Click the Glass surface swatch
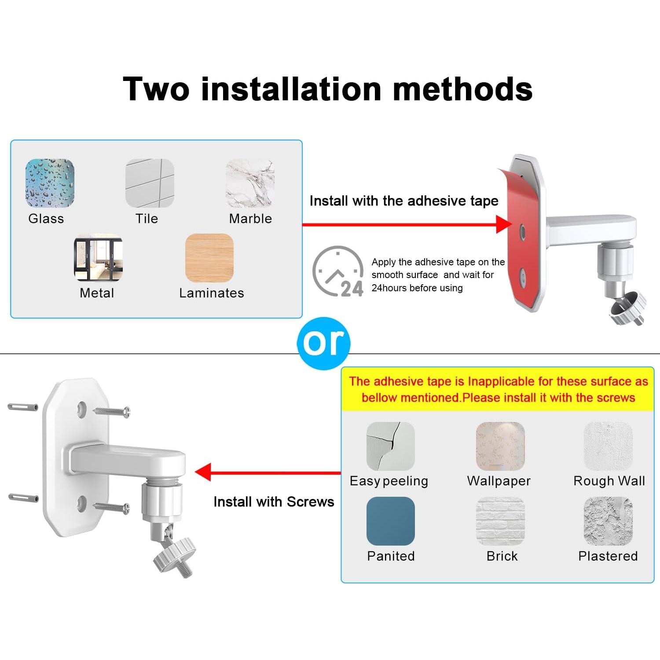pyautogui.click(x=50, y=183)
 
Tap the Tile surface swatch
pyautogui.click(x=150, y=183)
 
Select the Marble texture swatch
pyautogui.click(x=250, y=183)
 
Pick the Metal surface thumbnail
pyautogui.click(x=98, y=257)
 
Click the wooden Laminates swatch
pyautogui.click(x=209, y=257)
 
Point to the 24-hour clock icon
pyautogui.click(x=338, y=271)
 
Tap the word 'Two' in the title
pyautogui.click(x=156, y=89)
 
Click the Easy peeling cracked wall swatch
pyautogui.click(x=390, y=446)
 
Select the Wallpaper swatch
pyautogui.click(x=500, y=446)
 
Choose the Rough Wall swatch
pyautogui.click(x=608, y=446)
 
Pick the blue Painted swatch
pyautogui.click(x=390, y=521)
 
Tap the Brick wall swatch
pyautogui.click(x=500, y=521)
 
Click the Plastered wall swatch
pyautogui.click(x=608, y=521)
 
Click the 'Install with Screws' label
pyautogui.click(x=274, y=502)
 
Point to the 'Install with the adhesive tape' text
pyautogui.click(x=403, y=201)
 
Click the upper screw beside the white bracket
pyautogui.click(x=112, y=412)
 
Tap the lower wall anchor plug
pyautogui.click(x=23, y=498)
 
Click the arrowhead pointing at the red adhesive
pyautogui.click(x=503, y=224)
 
